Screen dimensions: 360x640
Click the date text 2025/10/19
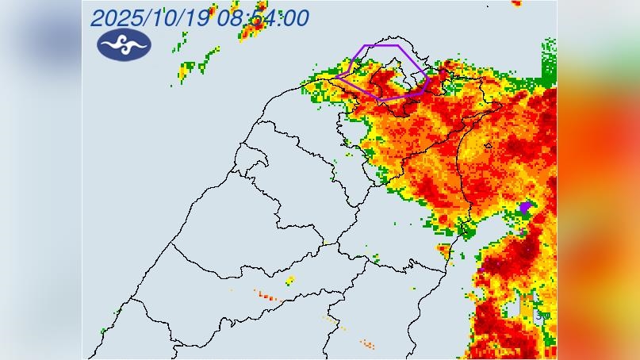pyautogui.click(x=150, y=17)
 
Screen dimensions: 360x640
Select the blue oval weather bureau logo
pyautogui.click(x=124, y=44)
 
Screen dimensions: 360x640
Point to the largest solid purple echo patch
pyautogui.click(x=525, y=207)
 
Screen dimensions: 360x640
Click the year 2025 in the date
pyautogui.click(x=116, y=17)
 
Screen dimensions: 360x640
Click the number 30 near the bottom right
pyautogui.click(x=542, y=315)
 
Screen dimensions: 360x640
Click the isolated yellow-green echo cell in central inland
pyautogui.click(x=290, y=280)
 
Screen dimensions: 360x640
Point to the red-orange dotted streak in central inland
pyautogui.click(x=266, y=296)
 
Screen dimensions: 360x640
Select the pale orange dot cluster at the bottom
pyautogui.click(x=366, y=343)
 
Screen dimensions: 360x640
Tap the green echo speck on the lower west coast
pyautogui.click(x=103, y=330)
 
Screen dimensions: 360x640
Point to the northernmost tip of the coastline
pyautogui.click(x=386, y=38)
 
